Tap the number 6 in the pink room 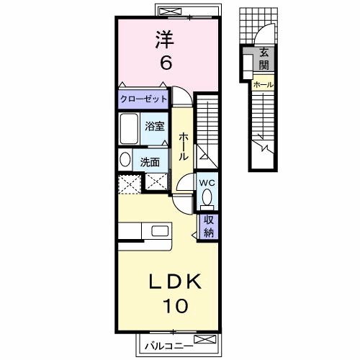coord(166,63)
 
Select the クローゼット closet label coord(143,98)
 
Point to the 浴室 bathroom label coord(155,125)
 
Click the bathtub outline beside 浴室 coord(129,130)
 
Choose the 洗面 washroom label coord(150,161)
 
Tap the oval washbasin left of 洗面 coord(124,161)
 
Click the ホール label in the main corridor coord(184,146)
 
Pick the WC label coord(207,182)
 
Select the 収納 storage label coord(209,226)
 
